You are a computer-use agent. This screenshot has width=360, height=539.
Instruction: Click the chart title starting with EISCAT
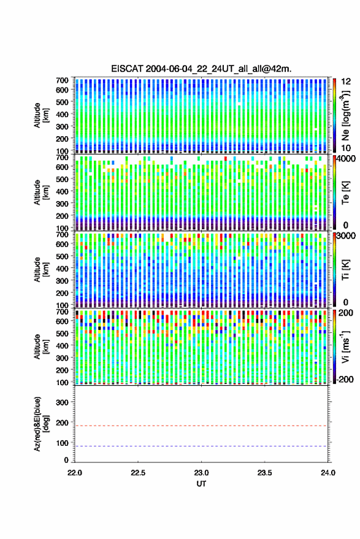coord(201,69)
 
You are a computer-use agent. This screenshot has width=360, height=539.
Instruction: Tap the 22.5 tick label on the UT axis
coord(138,473)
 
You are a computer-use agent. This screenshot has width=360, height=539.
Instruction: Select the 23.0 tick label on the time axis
coord(201,473)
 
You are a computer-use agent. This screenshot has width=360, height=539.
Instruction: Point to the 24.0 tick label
coord(327,473)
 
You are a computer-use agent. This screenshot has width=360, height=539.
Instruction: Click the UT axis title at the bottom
coord(201,484)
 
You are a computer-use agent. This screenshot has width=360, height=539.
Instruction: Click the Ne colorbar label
coord(345,115)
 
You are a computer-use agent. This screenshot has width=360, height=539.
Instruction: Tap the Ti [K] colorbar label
coord(345,270)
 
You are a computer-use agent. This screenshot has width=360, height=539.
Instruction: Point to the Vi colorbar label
coord(345,346)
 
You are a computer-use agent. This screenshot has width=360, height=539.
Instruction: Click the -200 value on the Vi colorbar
coord(345,380)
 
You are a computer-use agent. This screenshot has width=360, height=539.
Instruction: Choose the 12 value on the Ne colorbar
coord(346,82)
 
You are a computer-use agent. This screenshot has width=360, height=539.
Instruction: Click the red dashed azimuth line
coord(201,426)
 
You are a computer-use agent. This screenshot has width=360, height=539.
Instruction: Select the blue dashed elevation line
coord(201,446)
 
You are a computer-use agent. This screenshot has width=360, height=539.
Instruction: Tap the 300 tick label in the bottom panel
coord(62,402)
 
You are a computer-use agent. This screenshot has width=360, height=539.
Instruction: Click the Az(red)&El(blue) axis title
coord(40,424)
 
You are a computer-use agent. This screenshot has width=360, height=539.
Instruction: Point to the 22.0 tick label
coord(75,473)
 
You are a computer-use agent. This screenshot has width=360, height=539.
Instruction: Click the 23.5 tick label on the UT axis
coord(264,473)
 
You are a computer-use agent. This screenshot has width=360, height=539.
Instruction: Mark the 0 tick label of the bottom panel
coord(66,460)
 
